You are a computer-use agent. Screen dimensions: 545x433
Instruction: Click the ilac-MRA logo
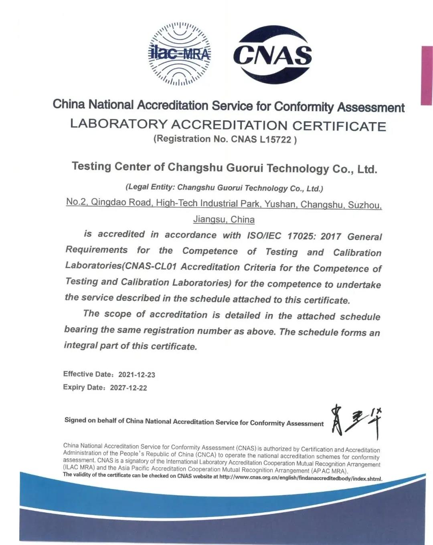tap(180, 54)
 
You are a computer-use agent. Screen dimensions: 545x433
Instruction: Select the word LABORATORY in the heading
tap(118, 124)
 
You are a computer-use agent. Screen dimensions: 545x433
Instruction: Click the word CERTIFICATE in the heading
tap(339, 126)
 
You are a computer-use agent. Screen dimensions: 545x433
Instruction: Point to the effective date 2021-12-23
tap(137, 375)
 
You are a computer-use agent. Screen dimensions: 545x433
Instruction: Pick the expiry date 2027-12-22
tap(128, 388)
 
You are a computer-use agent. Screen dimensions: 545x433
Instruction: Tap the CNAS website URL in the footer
tap(301, 478)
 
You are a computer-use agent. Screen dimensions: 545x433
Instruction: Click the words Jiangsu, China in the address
tap(224, 219)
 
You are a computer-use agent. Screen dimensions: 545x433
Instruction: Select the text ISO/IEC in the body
tap(264, 235)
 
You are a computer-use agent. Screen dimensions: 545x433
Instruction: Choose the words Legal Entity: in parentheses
tap(150, 187)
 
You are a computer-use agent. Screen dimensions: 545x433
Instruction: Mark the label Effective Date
tap(88, 374)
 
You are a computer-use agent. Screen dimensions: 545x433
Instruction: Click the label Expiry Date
tap(84, 387)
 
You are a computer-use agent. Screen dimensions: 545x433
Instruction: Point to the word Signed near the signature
tap(75, 420)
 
